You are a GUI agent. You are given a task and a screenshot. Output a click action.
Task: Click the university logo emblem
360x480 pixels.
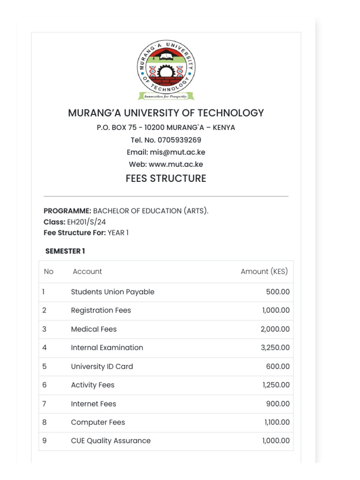click(166, 70)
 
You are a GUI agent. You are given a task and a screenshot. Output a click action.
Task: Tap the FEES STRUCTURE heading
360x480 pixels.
click(166, 179)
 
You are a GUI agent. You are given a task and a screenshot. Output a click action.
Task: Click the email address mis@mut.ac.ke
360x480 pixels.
click(177, 152)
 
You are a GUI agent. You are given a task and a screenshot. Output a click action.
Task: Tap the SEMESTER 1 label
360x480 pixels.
click(65, 251)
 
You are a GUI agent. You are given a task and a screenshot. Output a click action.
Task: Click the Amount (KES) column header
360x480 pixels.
click(264, 271)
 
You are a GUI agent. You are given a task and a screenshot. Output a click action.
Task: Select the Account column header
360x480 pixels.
click(87, 271)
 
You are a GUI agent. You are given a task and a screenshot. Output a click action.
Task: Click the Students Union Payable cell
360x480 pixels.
click(112, 292)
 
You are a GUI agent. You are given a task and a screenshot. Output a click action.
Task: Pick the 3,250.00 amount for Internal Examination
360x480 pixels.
click(275, 348)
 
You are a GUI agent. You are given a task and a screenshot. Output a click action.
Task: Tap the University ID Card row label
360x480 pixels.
click(102, 367)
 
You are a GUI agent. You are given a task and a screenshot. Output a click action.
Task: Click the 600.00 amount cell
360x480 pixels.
click(277, 367)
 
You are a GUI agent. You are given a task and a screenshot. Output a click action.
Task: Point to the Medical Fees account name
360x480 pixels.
click(94, 329)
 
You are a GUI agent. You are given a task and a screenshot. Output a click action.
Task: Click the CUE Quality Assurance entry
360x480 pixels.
click(111, 441)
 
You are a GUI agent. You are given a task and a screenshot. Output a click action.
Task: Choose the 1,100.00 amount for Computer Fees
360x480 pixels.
click(277, 422)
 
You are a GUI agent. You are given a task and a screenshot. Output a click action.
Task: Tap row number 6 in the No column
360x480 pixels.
click(45, 385)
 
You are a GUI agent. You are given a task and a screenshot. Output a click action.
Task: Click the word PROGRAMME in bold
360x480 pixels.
click(67, 211)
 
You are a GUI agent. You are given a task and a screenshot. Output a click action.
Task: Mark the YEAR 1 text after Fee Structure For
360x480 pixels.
click(118, 233)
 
